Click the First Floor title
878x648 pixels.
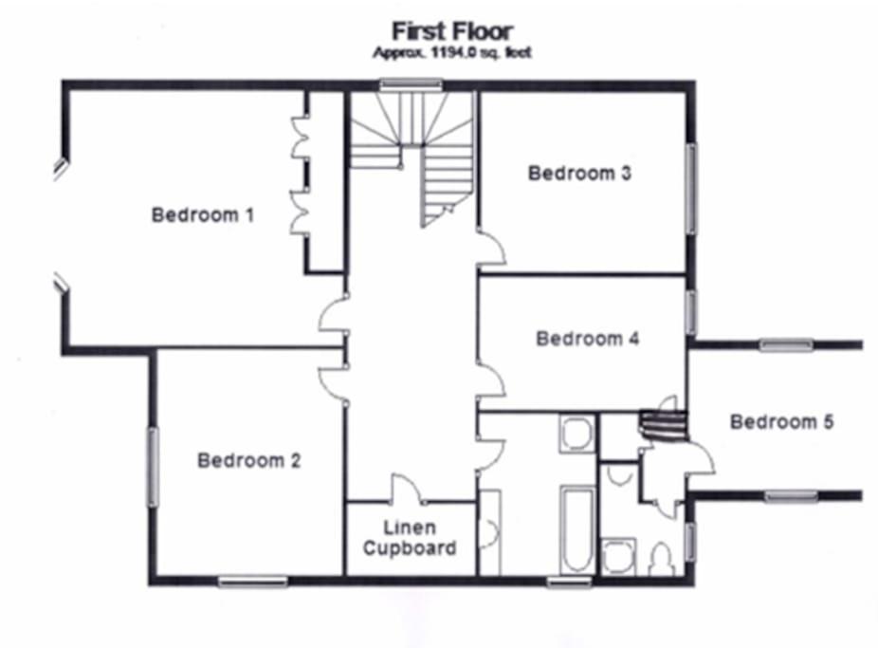pos(452,31)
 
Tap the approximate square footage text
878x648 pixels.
pos(452,53)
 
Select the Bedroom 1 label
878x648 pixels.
pos(203,214)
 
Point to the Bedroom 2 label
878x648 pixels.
pos(249,460)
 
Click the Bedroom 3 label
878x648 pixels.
pos(579,173)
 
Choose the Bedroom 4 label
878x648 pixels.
pos(587,339)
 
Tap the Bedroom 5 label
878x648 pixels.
pos(781,421)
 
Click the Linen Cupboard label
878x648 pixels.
pos(410,538)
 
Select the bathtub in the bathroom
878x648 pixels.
pos(577,528)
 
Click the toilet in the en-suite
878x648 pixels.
pos(662,559)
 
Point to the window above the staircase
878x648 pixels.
pos(411,84)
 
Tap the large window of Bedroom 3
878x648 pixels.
pos(691,189)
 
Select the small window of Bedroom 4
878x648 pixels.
pos(691,312)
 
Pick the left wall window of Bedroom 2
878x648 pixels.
pos(153,467)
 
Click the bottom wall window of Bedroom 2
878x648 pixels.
pos(252,582)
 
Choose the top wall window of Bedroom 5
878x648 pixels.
pos(786,344)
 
